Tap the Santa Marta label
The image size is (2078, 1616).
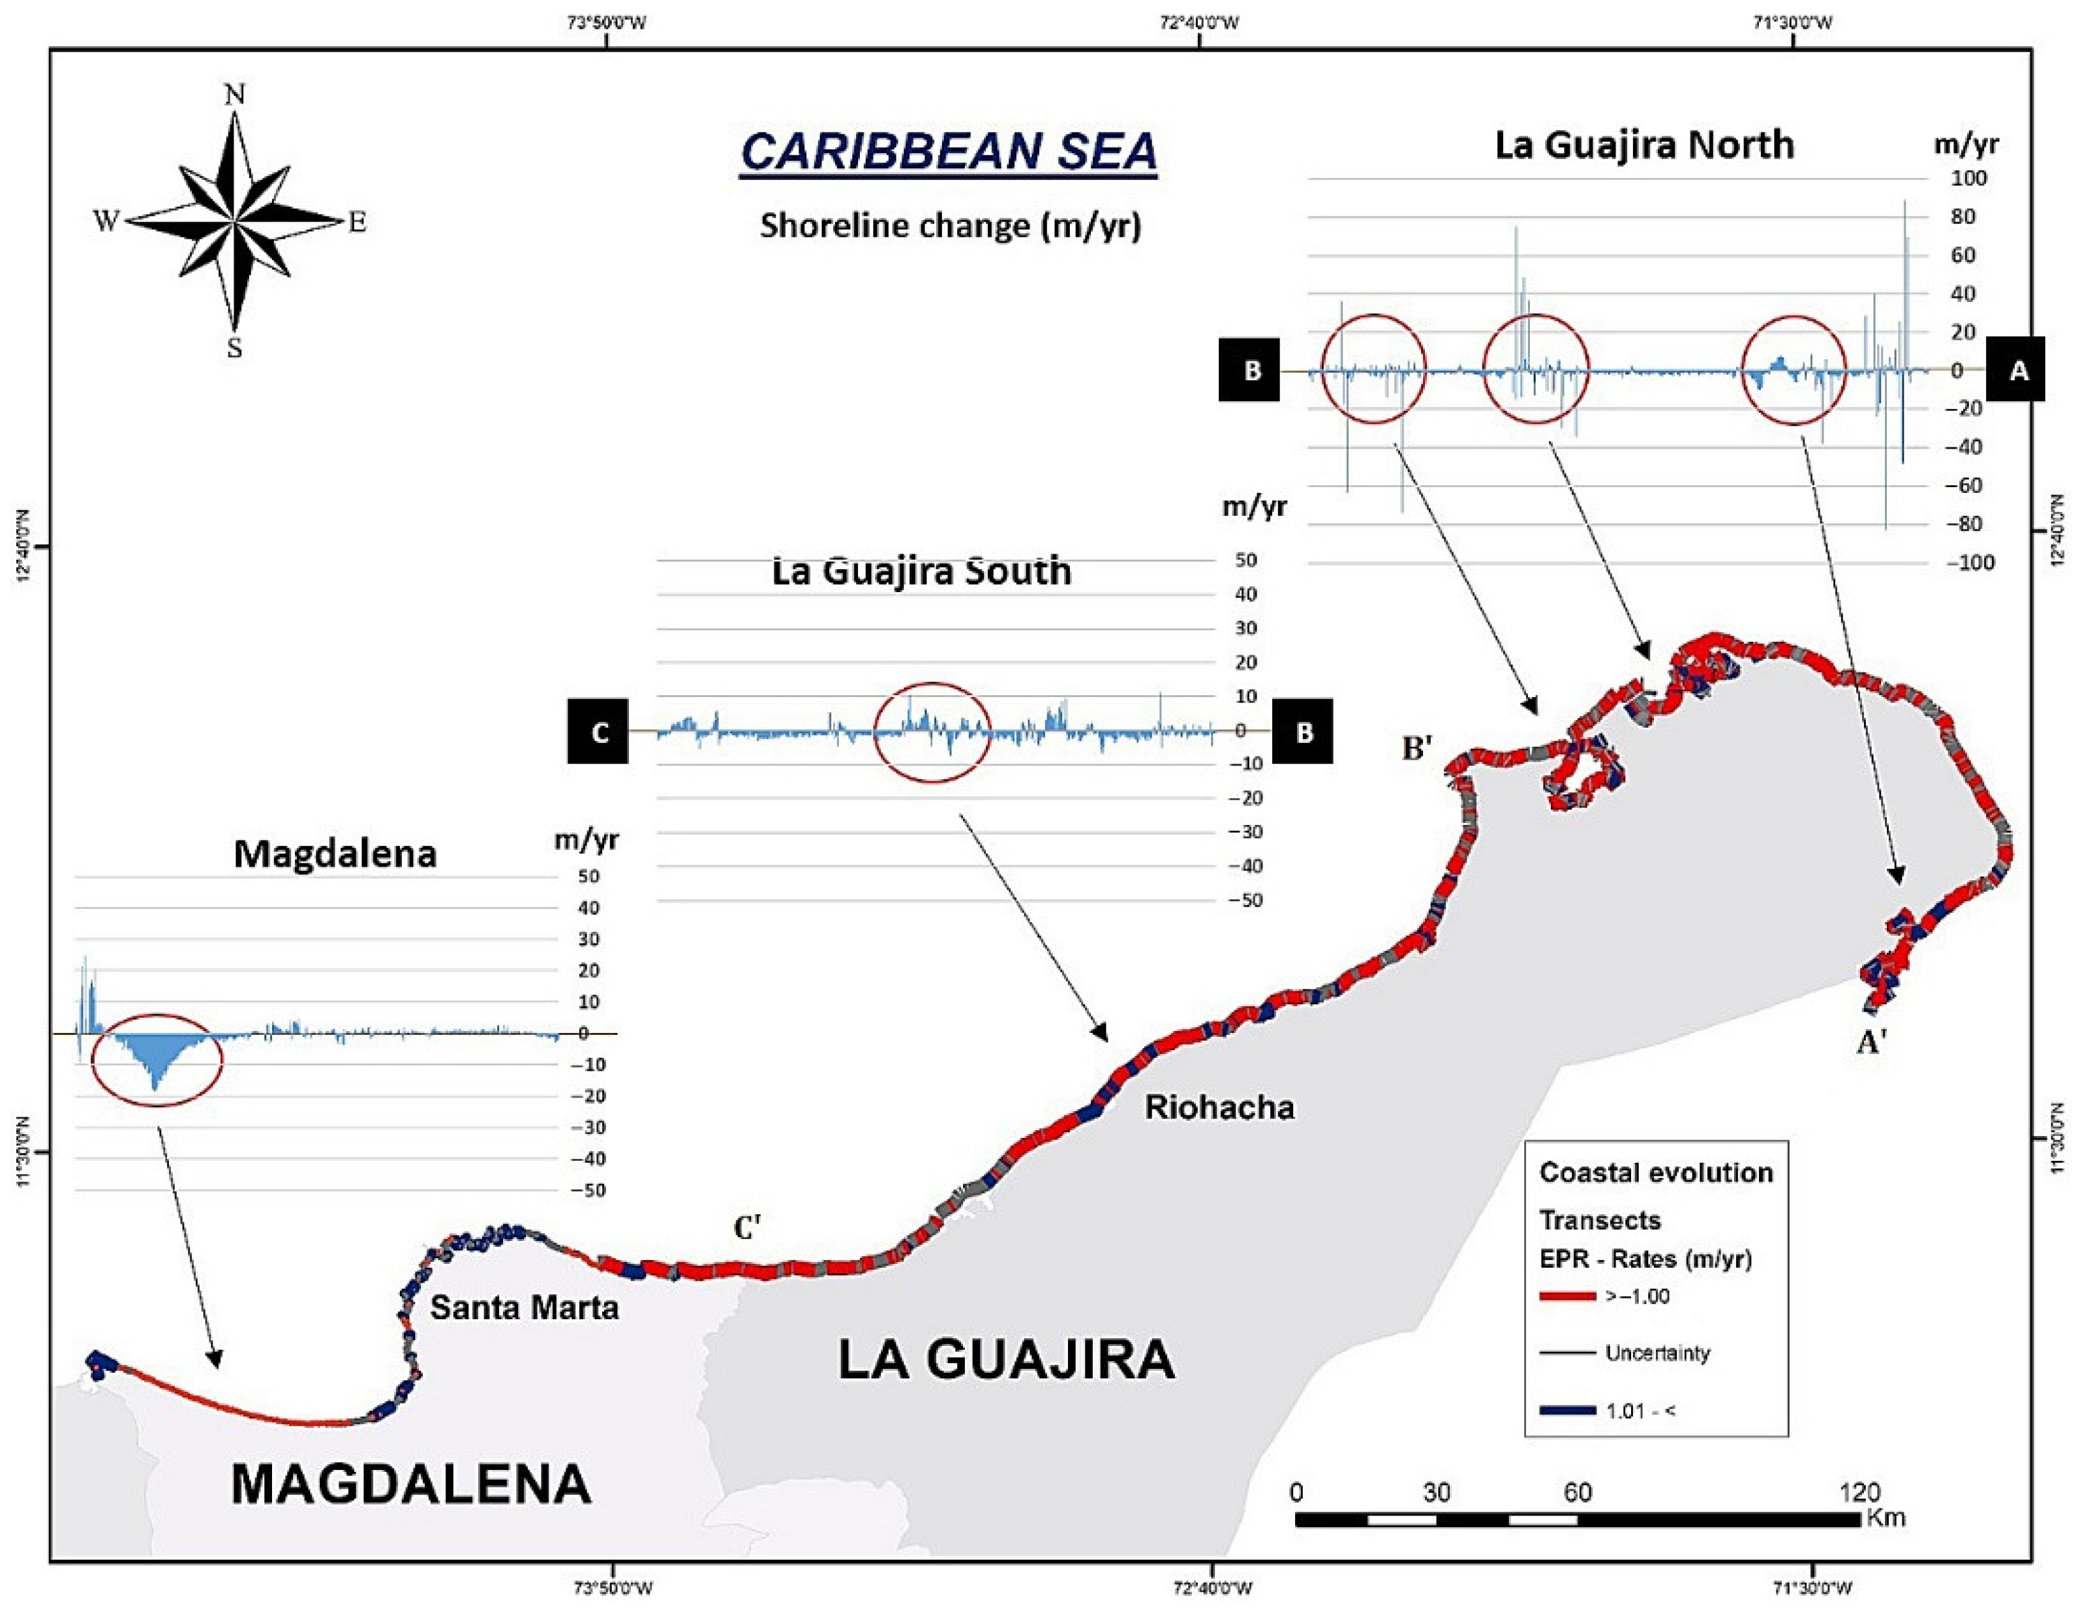pos(525,1307)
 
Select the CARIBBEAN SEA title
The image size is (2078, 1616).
pos(949,152)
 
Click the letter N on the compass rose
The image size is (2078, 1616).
pos(234,94)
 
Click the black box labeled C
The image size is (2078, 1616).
pos(598,732)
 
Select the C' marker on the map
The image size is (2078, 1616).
pos(747,1228)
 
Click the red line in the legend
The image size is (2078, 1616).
pos(1566,1296)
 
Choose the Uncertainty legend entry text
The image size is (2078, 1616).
pos(1657,1353)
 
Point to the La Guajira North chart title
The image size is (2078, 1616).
pos(1644,145)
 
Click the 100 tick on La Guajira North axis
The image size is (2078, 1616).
pos(1968,179)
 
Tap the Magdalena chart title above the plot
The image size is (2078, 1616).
pos(335,854)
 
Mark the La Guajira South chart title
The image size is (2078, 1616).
pos(921,572)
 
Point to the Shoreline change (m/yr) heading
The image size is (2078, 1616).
pos(949,226)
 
